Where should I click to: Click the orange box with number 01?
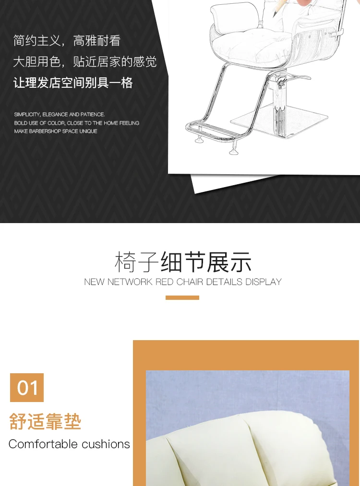tap(27, 388)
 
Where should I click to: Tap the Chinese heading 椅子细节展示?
tap(183, 262)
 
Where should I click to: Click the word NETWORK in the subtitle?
tap(130, 282)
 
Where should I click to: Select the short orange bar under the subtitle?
tap(182, 298)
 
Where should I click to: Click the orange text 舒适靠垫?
tap(45, 422)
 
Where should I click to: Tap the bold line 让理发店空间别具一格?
tap(73, 83)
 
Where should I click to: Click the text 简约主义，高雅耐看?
tap(67, 40)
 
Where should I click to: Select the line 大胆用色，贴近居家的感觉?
tap(84, 61)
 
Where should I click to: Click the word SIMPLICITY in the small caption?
tap(27, 115)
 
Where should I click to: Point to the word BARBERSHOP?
tap(47, 131)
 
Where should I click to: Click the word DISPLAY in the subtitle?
tap(264, 282)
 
